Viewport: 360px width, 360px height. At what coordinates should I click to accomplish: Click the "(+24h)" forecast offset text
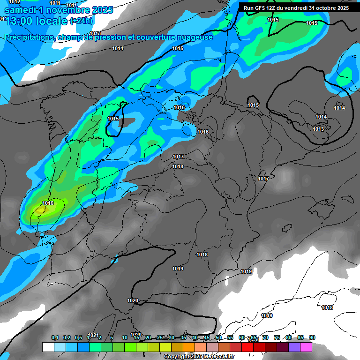[82, 21]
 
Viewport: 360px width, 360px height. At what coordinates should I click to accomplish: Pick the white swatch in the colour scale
[48, 347]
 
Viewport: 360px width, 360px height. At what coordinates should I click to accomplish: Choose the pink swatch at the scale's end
[306, 347]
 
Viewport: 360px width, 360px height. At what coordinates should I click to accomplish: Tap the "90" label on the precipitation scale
[312, 337]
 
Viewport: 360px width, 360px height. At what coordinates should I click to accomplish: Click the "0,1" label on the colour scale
[55, 337]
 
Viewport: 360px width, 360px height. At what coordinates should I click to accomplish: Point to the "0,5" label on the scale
[78, 337]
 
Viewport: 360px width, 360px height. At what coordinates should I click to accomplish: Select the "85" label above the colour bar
[300, 337]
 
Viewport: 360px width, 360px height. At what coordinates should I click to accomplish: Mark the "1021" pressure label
[94, 335]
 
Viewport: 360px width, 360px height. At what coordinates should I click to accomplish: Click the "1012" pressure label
[15, 2]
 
